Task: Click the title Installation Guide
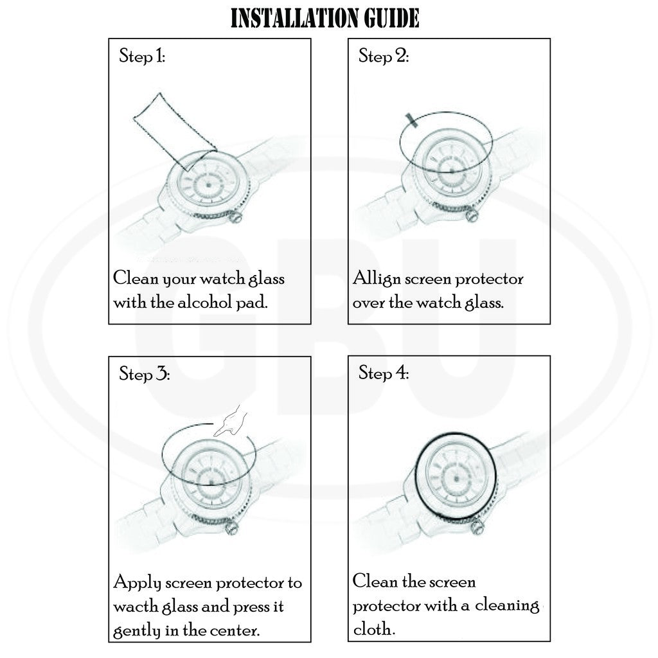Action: pos(325,19)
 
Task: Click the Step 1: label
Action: pos(142,55)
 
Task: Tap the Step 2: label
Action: pos(384,55)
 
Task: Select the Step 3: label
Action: pos(145,373)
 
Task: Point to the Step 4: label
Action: pos(384,372)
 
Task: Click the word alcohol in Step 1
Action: pos(204,302)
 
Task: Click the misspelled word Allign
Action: pos(377,280)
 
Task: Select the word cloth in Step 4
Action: pos(373,628)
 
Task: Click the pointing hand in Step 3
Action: pos(231,421)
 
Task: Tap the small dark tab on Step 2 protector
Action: pos(411,120)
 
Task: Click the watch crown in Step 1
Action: pos(236,217)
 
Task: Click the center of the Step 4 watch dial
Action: pos(457,478)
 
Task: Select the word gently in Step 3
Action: pos(137,631)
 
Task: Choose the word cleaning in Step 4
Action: pos(507,605)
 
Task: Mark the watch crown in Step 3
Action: pos(231,528)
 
